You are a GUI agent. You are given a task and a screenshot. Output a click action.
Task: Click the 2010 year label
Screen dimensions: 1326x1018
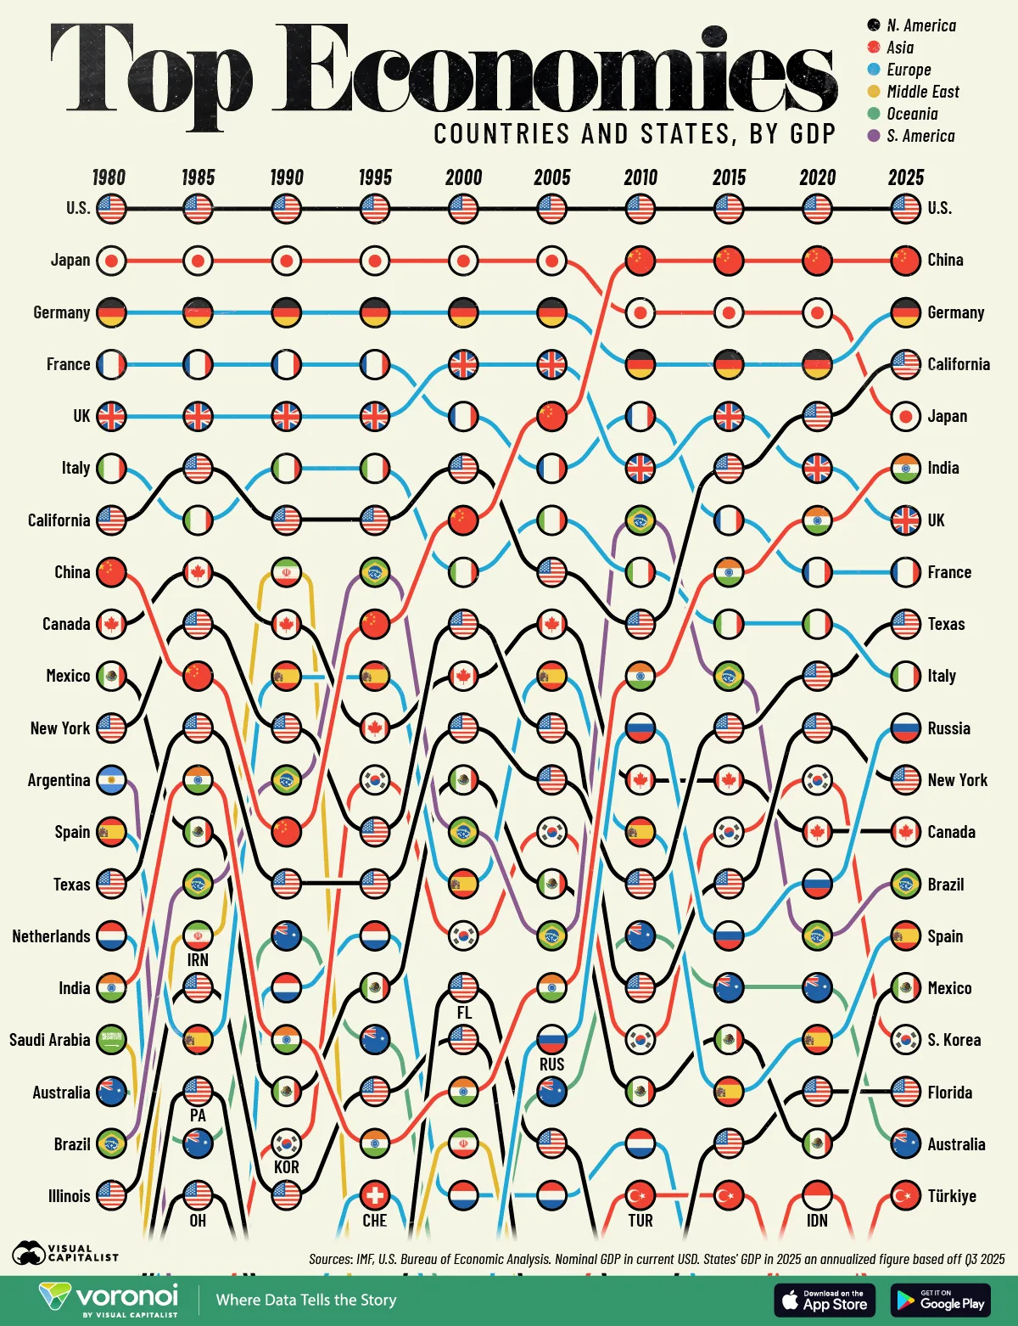click(640, 177)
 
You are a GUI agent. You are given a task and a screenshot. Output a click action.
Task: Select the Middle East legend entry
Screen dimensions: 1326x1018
click(922, 92)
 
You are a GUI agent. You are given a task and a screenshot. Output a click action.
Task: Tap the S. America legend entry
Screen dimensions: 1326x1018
click(920, 136)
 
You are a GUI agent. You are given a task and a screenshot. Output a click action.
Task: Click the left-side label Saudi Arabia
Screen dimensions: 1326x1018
click(49, 1040)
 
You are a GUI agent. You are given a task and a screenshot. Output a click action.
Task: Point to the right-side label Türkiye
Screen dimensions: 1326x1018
click(951, 1196)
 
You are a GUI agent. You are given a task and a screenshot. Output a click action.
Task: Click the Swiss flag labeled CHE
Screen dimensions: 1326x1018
click(374, 1196)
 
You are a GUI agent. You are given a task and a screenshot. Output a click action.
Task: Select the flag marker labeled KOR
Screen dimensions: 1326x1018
click(286, 1144)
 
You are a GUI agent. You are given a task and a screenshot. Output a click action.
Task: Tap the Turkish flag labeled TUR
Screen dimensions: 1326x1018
click(640, 1196)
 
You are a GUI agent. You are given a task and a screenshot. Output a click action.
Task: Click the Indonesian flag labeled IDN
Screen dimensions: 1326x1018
click(817, 1196)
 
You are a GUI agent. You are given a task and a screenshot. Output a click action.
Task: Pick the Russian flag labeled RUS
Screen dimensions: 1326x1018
click(551, 1040)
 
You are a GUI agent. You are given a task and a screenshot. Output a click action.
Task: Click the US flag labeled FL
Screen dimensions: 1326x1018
click(463, 988)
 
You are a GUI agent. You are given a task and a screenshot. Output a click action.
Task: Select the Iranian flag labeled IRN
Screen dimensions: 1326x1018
click(198, 936)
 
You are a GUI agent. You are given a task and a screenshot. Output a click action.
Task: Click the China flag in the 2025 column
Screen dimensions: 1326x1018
click(906, 261)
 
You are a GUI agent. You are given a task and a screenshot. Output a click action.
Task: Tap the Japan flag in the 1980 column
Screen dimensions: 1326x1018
click(111, 261)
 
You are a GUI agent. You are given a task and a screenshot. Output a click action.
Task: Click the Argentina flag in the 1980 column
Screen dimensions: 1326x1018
click(111, 780)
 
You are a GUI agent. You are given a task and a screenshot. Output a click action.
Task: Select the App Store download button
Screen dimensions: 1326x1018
click(824, 1300)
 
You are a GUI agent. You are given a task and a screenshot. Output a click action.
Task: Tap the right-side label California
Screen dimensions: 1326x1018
click(958, 364)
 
